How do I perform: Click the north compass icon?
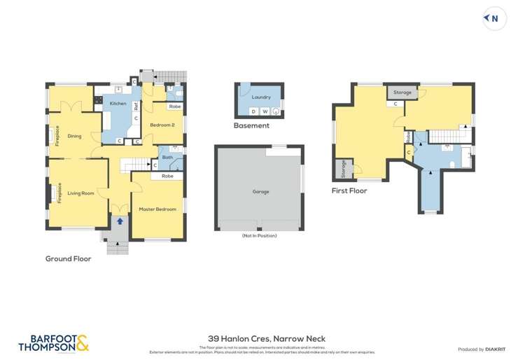(494, 19)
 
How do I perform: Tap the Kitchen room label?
(118, 104)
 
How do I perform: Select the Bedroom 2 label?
(162, 125)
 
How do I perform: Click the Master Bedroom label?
(157, 209)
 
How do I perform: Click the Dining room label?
(75, 137)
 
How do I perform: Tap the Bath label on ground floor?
(168, 158)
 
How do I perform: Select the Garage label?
(260, 191)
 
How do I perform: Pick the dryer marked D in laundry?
(253, 111)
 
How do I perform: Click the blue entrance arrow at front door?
(120, 221)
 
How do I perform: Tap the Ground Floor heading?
(68, 258)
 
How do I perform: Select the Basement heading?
(252, 126)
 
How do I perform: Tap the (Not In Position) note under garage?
(259, 235)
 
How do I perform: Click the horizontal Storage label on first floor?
(402, 92)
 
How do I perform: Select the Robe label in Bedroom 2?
(175, 106)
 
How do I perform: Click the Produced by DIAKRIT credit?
(482, 349)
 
